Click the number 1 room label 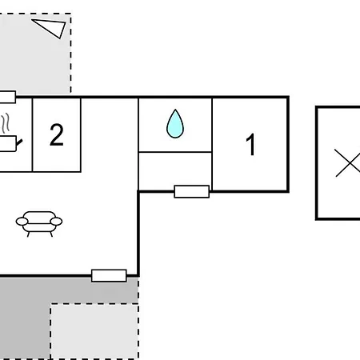click(x=250, y=146)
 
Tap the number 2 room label click(x=56, y=135)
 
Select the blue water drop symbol click(x=175, y=124)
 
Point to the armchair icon click(x=38, y=222)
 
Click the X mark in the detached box click(x=347, y=164)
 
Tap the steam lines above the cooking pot click(x=6, y=123)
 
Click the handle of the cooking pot click(x=20, y=143)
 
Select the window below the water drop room click(x=191, y=191)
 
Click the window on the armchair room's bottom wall click(x=109, y=276)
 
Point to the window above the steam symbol click(x=6, y=98)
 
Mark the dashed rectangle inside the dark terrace click(x=94, y=331)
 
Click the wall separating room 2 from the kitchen click(x=33, y=134)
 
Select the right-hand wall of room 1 click(x=288, y=144)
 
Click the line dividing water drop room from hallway click(x=175, y=151)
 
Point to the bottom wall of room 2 click(x=56, y=171)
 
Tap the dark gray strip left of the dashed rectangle click(x=24, y=320)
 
